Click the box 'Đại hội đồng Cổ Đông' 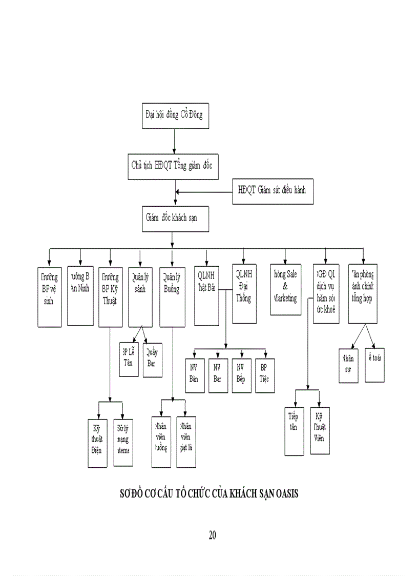coord(175,114)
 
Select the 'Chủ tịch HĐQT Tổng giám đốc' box coord(175,166)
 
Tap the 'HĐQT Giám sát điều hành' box coord(271,191)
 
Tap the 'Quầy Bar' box coord(152,360)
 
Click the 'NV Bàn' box coord(194,375)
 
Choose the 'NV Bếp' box coord(241,375)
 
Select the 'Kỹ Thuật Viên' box coord(320,430)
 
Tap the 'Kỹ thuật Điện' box coord(97,442)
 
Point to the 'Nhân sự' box coord(348,366)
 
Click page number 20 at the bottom coord(212,535)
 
